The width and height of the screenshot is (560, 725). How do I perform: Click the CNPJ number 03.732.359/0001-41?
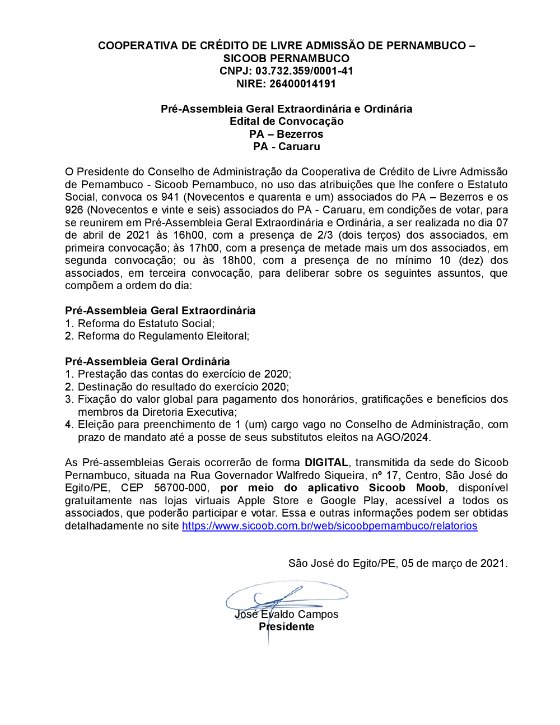click(304, 71)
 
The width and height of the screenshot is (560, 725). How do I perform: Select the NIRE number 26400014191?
click(302, 84)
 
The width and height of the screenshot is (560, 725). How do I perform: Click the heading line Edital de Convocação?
click(286, 122)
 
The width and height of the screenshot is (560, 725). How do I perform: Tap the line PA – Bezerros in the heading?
click(286, 134)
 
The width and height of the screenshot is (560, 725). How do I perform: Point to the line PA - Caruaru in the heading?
click(286, 147)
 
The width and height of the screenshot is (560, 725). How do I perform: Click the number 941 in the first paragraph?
click(170, 197)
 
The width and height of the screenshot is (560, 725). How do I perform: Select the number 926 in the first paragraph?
click(74, 210)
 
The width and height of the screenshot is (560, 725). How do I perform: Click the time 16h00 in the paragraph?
click(188, 235)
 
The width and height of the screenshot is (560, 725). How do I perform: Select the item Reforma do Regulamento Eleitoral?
click(163, 336)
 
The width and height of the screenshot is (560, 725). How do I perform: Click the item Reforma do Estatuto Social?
click(146, 324)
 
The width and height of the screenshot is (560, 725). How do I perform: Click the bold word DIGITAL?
click(326, 463)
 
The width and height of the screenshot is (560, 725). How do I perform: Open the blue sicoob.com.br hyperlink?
click(329, 526)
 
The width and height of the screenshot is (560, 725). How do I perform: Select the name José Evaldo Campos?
click(286, 615)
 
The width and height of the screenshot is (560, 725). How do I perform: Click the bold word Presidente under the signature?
click(286, 627)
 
